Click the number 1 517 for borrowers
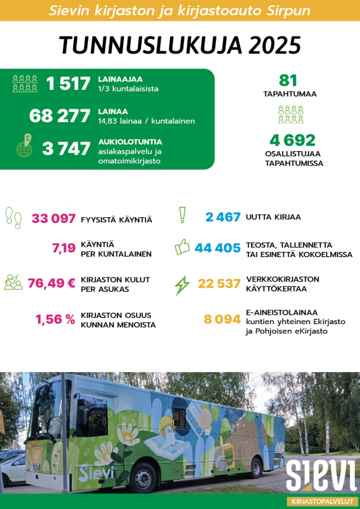tap(68, 84)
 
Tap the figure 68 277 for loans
tap(60, 116)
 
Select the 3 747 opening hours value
tap(66, 149)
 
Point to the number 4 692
tap(292, 140)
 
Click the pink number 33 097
tap(54, 219)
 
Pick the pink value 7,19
tap(64, 248)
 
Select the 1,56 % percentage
tap(56, 319)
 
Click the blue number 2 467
tap(223, 217)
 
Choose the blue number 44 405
tap(218, 248)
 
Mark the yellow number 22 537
tap(219, 284)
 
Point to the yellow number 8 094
tap(222, 319)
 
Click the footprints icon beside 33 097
tap(14, 218)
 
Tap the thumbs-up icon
tap(182, 247)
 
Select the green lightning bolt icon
tap(182, 285)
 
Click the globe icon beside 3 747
tap(24, 147)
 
